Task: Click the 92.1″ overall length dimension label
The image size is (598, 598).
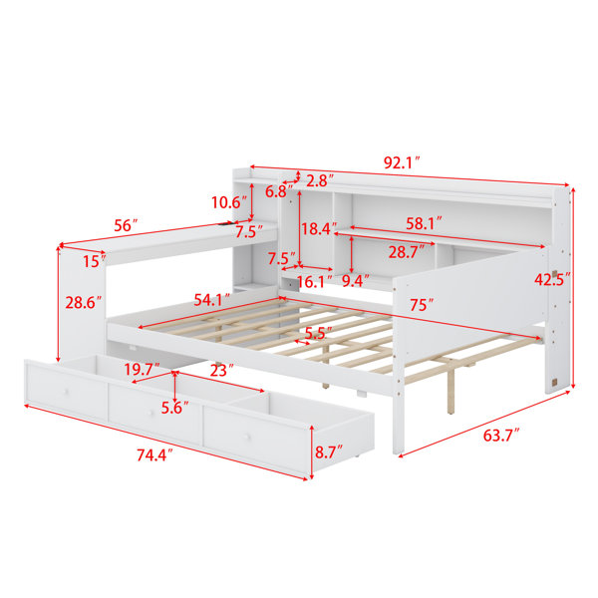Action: pyautogui.click(x=402, y=162)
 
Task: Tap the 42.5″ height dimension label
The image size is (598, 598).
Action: pyautogui.click(x=552, y=279)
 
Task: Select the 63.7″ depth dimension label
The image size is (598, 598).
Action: pyautogui.click(x=501, y=436)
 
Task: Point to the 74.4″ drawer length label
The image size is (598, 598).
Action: pyautogui.click(x=154, y=455)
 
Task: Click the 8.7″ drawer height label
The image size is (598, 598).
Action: pyautogui.click(x=328, y=452)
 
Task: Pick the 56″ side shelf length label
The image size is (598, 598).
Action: pyautogui.click(x=126, y=225)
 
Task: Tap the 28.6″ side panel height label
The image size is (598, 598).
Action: pyautogui.click(x=84, y=302)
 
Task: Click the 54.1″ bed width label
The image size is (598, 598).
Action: pyautogui.click(x=211, y=300)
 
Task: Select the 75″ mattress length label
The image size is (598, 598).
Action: pyautogui.click(x=422, y=305)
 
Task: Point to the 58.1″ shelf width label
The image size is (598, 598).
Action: pyautogui.click(x=424, y=223)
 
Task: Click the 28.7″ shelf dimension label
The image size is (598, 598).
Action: pyautogui.click(x=407, y=252)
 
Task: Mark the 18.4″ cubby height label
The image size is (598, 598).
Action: pyautogui.click(x=319, y=229)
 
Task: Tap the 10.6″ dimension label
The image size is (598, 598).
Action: pyautogui.click(x=229, y=202)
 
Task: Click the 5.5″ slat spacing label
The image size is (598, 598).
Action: pyautogui.click(x=319, y=333)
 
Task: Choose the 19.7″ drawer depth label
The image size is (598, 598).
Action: pyautogui.click(x=142, y=369)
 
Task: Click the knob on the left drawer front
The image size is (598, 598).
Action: pyautogui.click(x=67, y=392)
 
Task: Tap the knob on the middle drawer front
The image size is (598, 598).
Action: pyautogui.click(x=151, y=413)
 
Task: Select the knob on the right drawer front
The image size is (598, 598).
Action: pyautogui.click(x=248, y=438)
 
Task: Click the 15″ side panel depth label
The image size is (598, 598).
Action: pyautogui.click(x=95, y=261)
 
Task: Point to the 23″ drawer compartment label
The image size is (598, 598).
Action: pyautogui.click(x=221, y=370)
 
